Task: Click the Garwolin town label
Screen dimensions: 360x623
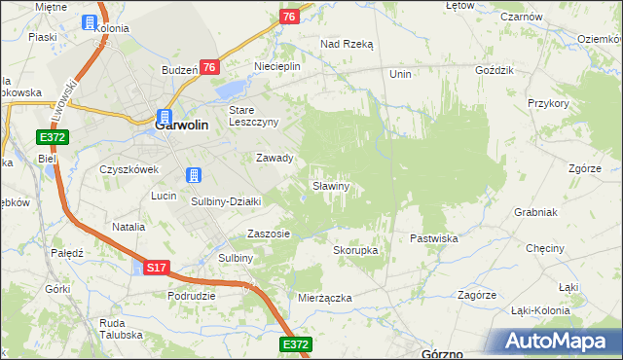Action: [182, 125]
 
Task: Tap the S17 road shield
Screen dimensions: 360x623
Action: [157, 266]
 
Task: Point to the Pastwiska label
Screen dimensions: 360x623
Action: [434, 237]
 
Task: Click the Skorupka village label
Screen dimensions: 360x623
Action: [355, 250]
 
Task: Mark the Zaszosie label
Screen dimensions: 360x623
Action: [269, 234]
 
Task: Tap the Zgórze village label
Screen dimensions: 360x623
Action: [583, 167]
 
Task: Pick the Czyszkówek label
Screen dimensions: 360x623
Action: [128, 168]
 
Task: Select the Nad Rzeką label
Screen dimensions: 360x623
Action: [348, 44]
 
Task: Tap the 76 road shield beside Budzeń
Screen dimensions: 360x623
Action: [208, 66]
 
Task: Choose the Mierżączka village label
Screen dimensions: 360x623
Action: [325, 298]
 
